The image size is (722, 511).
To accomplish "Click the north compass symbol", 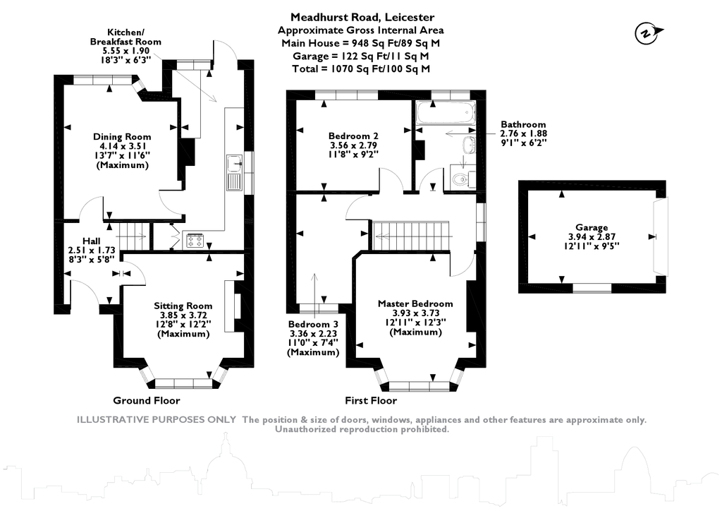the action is [x=648, y=33].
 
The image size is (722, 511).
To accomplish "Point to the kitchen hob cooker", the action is [x=195, y=240].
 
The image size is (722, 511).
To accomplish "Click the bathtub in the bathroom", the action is [x=445, y=113].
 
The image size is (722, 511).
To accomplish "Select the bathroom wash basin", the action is [x=470, y=144].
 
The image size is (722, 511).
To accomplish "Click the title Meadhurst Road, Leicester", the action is [x=362, y=18].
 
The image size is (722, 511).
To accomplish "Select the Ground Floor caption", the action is [x=147, y=400].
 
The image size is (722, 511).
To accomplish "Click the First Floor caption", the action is [x=371, y=400].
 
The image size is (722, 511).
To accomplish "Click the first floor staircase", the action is [x=410, y=236].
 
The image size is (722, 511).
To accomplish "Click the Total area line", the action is [x=361, y=69].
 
